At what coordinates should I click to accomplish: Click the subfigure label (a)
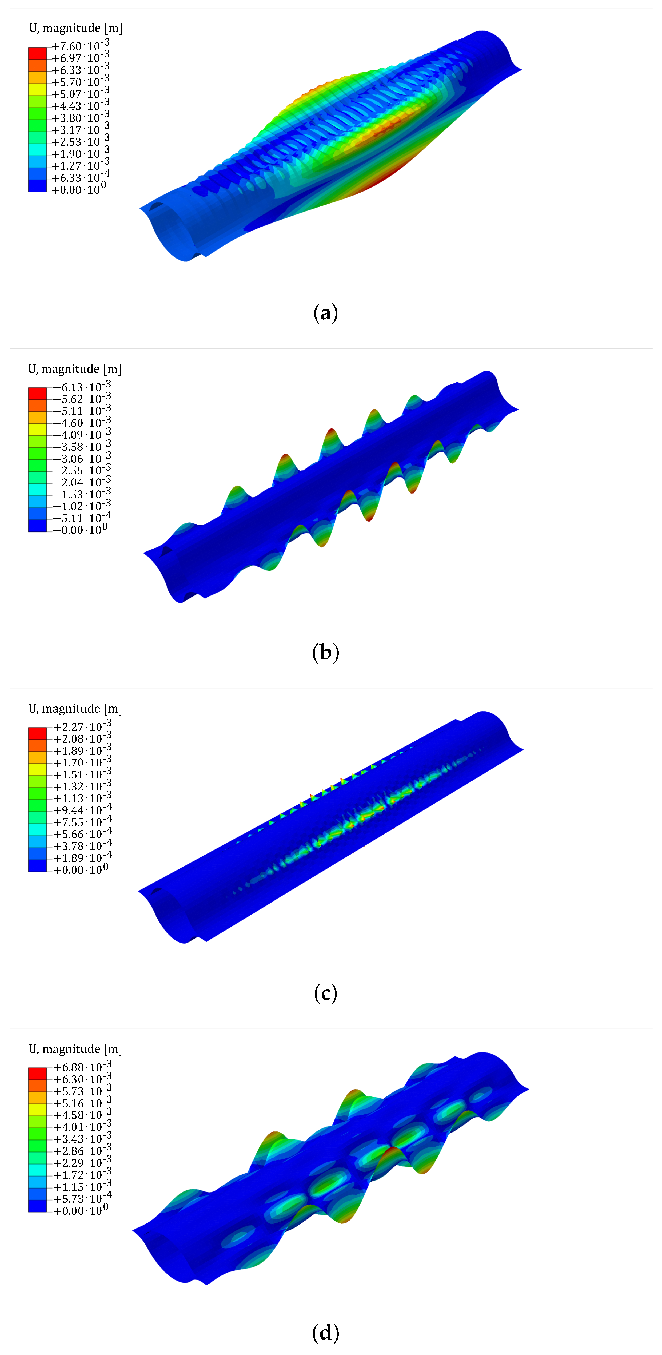325,313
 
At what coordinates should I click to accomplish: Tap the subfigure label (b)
325,653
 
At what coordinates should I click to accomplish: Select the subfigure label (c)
325,993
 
